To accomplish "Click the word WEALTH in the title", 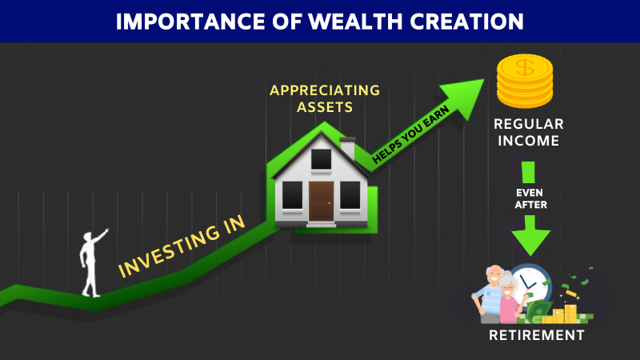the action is (355, 22).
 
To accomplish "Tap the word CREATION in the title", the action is (466, 22).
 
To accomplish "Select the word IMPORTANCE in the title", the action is (190, 22).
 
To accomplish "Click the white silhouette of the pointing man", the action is (93, 263).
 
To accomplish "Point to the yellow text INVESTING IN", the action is (182, 246).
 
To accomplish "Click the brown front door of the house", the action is (321, 202).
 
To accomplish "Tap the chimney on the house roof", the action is (348, 148).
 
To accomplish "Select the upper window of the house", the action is (322, 159).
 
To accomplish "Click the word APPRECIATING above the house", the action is (325, 90).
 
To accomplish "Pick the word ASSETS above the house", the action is (325, 107).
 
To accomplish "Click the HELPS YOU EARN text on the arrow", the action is (410, 134).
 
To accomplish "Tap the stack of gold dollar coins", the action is (525, 82).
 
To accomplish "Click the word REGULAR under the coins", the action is (529, 124).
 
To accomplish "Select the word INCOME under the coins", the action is (529, 141).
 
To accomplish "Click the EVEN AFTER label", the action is (530, 198).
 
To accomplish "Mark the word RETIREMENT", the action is (537, 335).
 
